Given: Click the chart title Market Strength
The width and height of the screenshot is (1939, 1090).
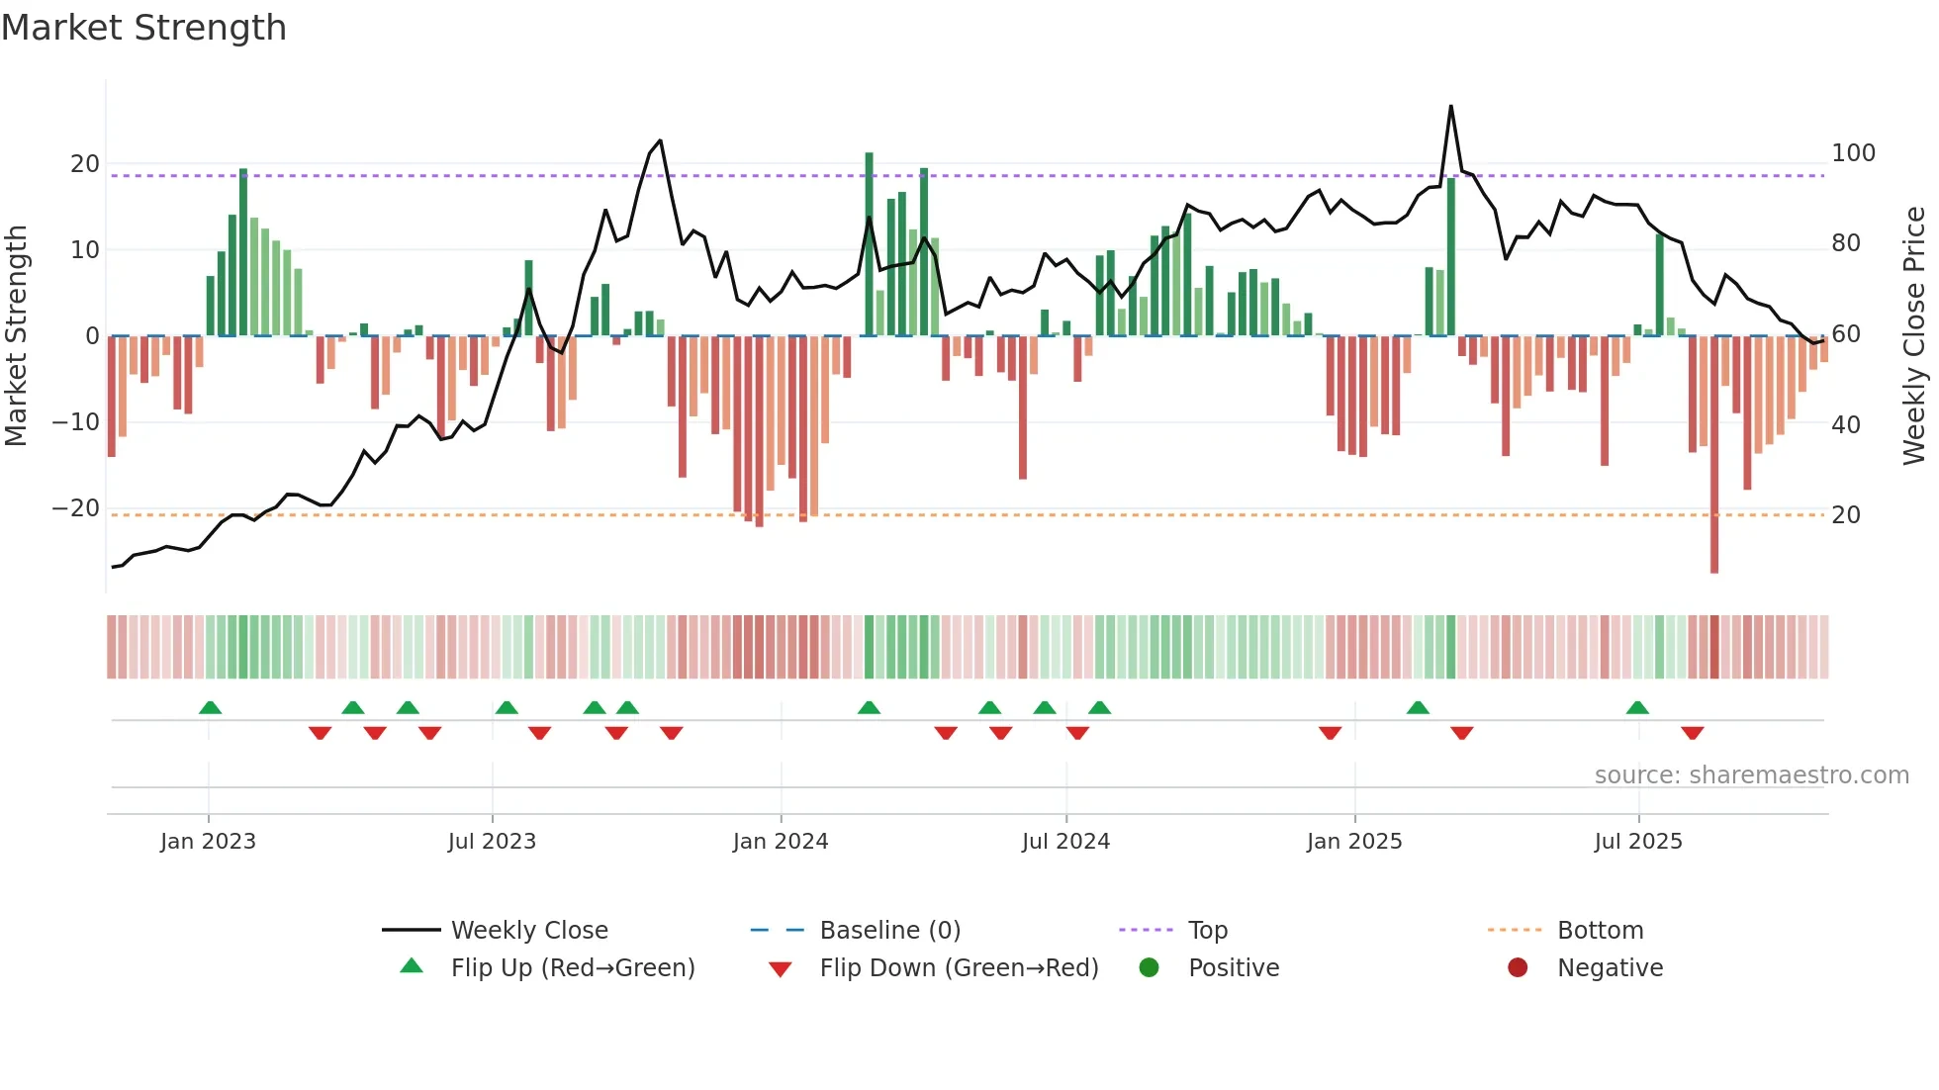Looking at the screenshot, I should pyautogui.click(x=143, y=28).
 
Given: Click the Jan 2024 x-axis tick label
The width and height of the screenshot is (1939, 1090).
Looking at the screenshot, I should pyautogui.click(x=781, y=841).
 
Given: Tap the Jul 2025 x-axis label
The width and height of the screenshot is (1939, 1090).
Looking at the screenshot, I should pyautogui.click(x=1638, y=841).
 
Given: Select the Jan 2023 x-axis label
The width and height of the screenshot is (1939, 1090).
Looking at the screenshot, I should pyautogui.click(x=208, y=841).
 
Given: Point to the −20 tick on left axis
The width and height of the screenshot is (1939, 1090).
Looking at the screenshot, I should pyautogui.click(x=76, y=508).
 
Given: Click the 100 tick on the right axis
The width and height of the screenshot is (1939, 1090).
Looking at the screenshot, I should pyautogui.click(x=1853, y=153).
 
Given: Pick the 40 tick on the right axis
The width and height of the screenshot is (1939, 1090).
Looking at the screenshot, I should pyautogui.click(x=1846, y=424).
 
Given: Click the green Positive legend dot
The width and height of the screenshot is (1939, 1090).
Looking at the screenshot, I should pyautogui.click(x=1149, y=967).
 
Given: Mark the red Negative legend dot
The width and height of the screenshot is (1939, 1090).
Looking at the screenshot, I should pyautogui.click(x=1518, y=967).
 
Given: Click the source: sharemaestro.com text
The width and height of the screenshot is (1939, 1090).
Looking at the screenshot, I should pyautogui.click(x=1751, y=774).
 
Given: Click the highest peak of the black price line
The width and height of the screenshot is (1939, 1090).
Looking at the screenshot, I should pyautogui.click(x=1450, y=107).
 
